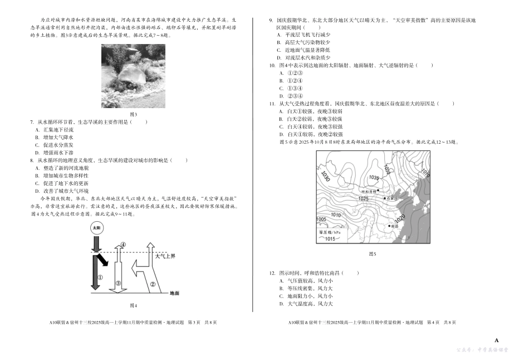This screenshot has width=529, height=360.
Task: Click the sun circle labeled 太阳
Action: pos(96,228)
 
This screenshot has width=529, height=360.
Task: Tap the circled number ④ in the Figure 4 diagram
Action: pos(123,244)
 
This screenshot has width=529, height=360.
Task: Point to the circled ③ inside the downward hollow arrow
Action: pos(118,283)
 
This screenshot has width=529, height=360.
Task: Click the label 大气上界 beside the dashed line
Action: pos(165,256)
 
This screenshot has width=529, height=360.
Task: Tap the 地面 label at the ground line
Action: pos(174,293)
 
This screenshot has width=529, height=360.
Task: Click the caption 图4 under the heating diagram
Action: pos(133,305)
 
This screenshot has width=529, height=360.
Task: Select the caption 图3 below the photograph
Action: pos(133,113)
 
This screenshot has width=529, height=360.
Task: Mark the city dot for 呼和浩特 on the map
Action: pos(379,190)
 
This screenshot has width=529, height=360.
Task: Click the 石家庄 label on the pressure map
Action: pos(391,198)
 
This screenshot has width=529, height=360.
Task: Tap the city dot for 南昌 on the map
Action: pos(389,226)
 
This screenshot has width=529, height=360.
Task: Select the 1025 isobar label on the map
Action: pos(364,199)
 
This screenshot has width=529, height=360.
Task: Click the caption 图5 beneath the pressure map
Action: pos(373,254)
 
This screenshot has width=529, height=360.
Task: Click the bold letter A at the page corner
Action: pos(497,340)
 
